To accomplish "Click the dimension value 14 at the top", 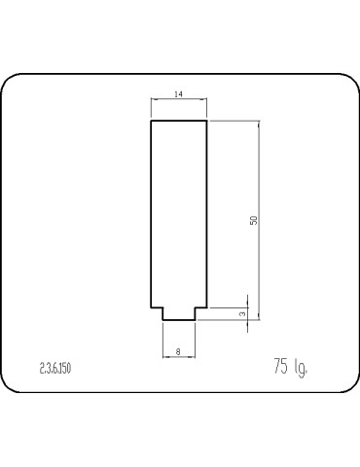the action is click(178, 94).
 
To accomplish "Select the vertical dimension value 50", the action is click(254, 220).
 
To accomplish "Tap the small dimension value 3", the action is click(242, 314).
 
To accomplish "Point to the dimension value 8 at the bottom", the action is click(178, 351).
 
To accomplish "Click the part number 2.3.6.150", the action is click(55, 369).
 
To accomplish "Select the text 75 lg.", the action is click(290, 367).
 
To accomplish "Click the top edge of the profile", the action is click(179, 121).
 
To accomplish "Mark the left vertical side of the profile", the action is click(151, 214).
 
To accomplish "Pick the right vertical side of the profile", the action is click(206, 214).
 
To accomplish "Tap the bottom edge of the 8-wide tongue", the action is click(179, 320).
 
